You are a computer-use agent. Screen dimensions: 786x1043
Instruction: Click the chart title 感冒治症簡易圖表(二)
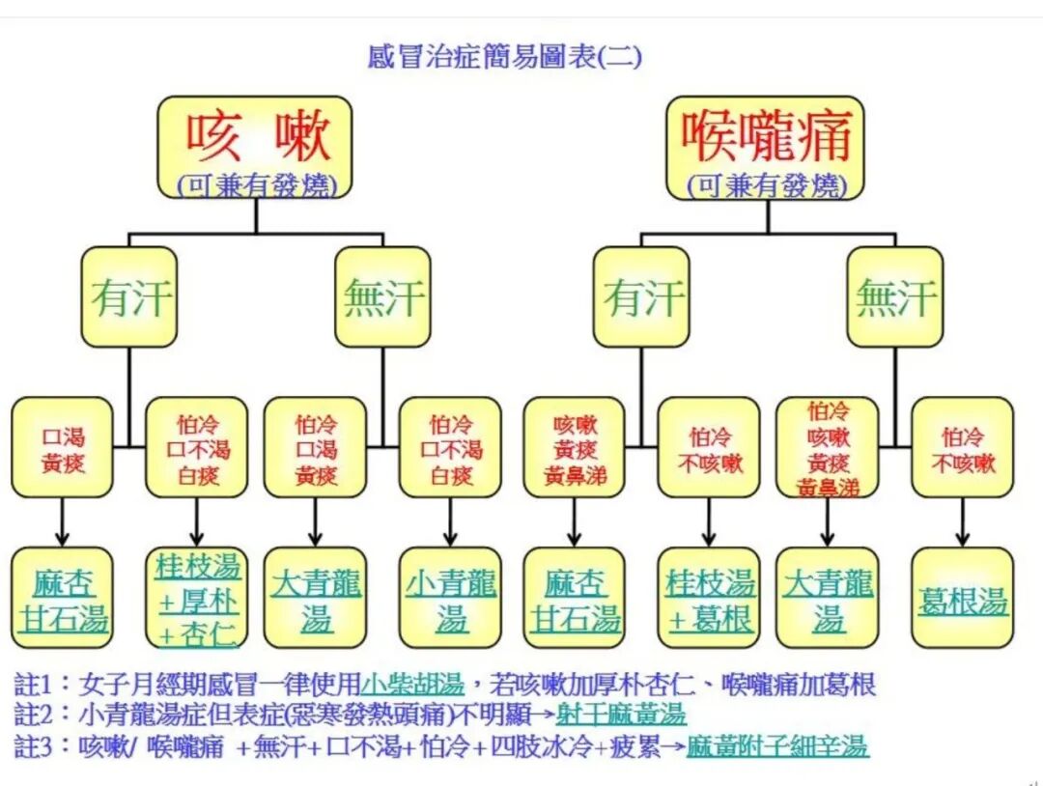[505, 56]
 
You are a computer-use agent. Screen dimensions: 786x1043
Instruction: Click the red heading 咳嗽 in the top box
[258, 136]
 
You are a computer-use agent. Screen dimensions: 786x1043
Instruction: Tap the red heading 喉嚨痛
[767, 136]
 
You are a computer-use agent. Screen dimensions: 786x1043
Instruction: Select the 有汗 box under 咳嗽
[129, 297]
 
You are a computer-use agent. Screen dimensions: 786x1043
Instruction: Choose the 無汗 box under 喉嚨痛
[894, 297]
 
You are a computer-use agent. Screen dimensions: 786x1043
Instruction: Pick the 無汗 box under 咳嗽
[382, 297]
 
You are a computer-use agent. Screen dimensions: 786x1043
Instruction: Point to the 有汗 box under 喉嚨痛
[641, 297]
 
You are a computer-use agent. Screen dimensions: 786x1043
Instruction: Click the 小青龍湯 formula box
[450, 599]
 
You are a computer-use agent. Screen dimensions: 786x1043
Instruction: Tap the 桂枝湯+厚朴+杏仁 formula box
[197, 599]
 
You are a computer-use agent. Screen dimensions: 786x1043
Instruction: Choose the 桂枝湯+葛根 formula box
[710, 599]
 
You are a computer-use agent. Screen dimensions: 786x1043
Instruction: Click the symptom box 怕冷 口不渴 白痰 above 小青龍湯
[450, 448]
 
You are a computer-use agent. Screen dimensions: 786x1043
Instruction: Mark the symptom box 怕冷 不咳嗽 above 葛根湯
[963, 448]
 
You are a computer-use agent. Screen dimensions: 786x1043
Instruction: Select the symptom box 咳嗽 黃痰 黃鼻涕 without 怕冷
[574, 448]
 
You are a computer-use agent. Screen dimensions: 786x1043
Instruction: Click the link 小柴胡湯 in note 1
[412, 686]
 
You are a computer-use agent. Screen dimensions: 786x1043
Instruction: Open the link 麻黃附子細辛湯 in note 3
[777, 745]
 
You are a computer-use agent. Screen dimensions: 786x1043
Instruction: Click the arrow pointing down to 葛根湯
[963, 522]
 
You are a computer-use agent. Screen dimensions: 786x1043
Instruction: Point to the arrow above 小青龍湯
[450, 522]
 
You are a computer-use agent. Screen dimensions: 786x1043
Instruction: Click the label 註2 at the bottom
[37, 716]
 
